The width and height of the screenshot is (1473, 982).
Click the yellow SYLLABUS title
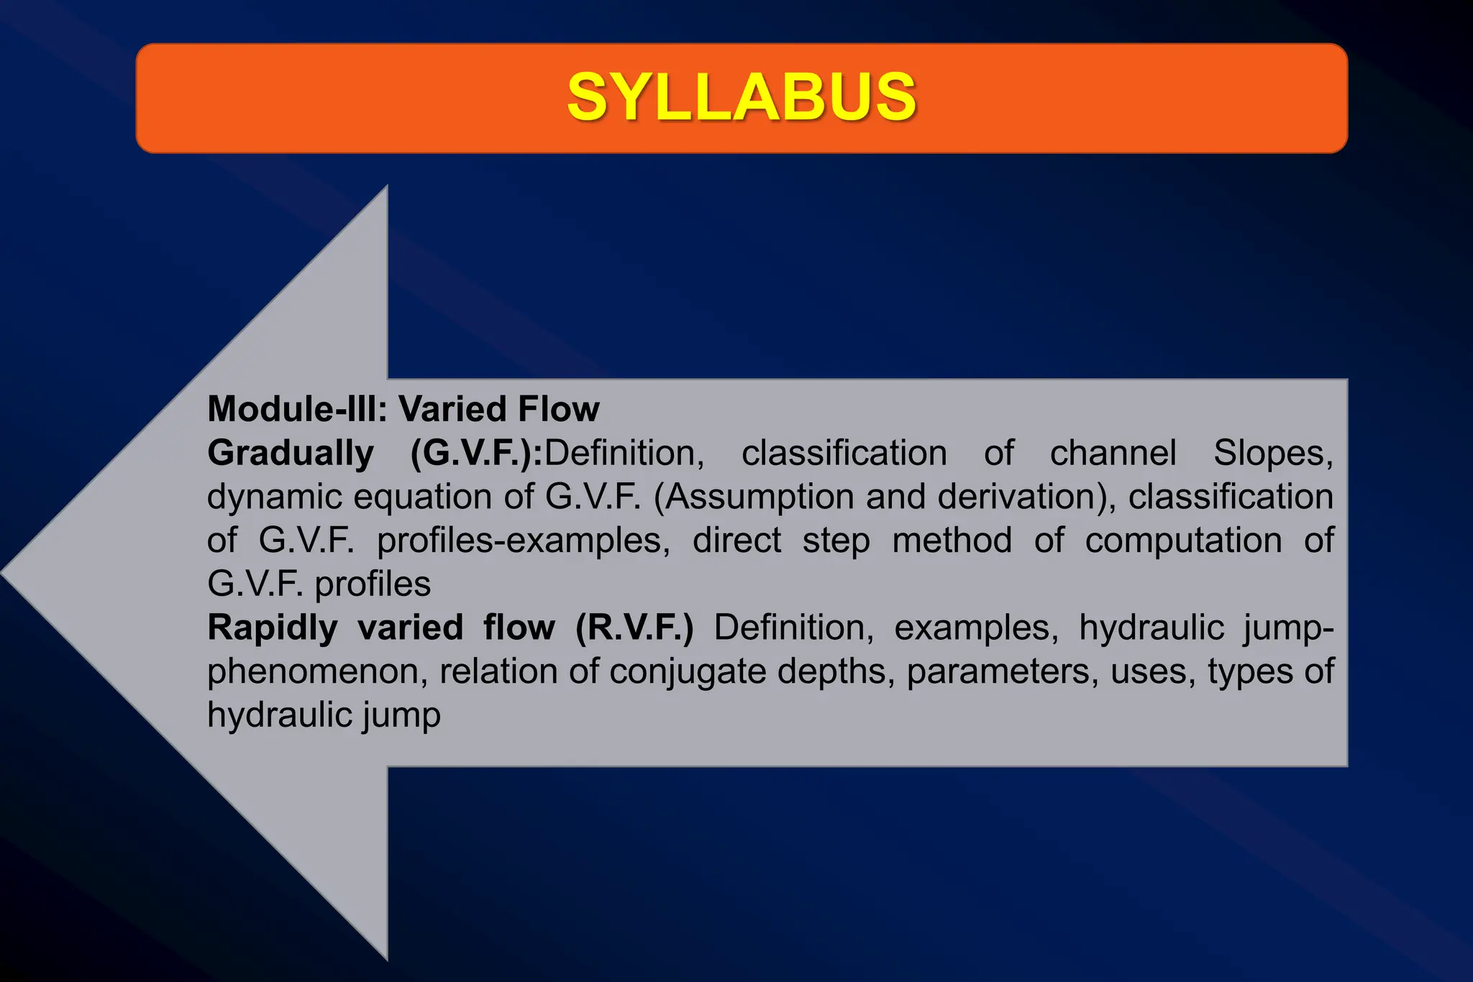(x=742, y=97)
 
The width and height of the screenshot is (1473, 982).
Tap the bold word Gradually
(x=291, y=454)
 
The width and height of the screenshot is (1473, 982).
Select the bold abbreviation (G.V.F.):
(x=476, y=454)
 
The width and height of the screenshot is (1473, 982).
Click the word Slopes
(x=1273, y=454)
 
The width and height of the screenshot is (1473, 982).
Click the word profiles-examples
(x=523, y=541)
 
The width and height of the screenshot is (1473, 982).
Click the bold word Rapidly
(x=272, y=628)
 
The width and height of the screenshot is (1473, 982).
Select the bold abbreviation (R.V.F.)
(x=634, y=628)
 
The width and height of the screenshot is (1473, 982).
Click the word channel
(x=1113, y=454)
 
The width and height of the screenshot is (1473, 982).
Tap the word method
(x=952, y=541)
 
